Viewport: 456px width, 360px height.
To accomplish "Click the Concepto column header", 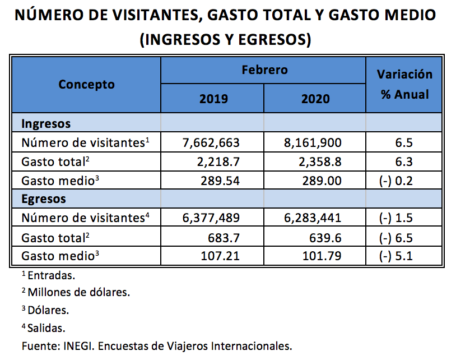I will tap(86, 85).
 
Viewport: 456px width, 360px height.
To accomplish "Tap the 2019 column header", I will tap(213, 99).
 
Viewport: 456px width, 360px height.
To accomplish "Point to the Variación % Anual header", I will tap(404, 84).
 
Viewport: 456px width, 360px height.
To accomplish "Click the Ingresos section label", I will tap(46, 123).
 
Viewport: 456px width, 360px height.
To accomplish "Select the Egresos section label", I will tap(44, 199).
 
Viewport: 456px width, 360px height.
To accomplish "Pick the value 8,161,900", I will tap(313, 142).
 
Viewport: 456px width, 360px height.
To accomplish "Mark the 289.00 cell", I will tap(325, 181).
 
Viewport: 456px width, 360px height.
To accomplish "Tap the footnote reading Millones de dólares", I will tap(78, 292).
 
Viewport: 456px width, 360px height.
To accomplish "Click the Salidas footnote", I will tap(46, 327).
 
